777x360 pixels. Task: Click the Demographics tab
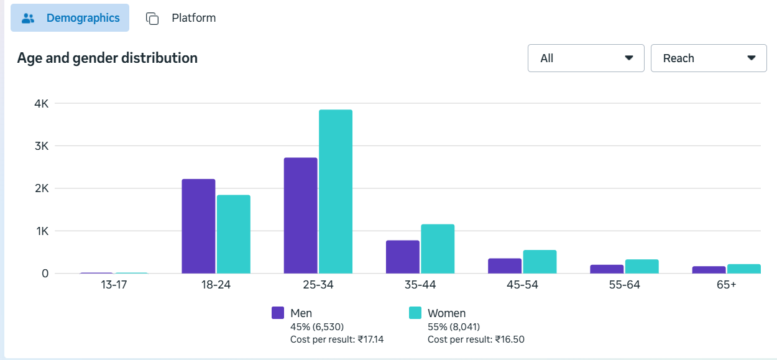[70, 18]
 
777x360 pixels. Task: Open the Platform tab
[181, 18]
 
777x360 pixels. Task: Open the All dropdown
[586, 58]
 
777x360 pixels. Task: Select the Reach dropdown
[709, 58]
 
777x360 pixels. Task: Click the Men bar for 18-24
[198, 226]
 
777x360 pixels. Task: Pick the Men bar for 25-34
[300, 216]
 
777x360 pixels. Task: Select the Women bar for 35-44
[438, 249]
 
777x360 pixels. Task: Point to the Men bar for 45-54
[505, 266]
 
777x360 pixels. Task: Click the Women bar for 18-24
[234, 234]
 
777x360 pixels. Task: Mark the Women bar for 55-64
[641, 267]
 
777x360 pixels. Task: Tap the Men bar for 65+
[709, 270]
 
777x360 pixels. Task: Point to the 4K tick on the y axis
[42, 104]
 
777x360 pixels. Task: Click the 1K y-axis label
[42, 231]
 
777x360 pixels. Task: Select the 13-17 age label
[114, 285]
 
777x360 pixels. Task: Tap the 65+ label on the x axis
[725, 285]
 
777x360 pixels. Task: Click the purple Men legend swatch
[278, 313]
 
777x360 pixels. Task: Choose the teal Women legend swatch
[415, 313]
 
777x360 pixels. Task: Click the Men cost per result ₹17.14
[337, 339]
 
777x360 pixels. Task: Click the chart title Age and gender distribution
[108, 58]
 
